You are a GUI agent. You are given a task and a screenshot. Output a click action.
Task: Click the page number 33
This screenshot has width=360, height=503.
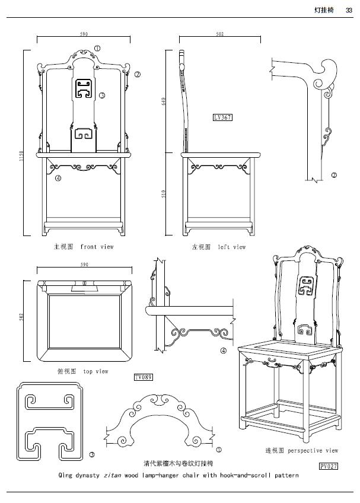(349, 9)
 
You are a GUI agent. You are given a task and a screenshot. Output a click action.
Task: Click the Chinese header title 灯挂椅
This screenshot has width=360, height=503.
(324, 9)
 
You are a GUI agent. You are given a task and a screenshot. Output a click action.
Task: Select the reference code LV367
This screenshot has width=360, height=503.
(222, 117)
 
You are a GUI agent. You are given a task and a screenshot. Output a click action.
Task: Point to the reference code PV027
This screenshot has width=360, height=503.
(328, 466)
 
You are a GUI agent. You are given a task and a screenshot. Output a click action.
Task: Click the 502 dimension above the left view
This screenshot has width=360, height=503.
(219, 34)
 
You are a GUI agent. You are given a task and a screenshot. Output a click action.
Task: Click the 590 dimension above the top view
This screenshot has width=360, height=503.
(84, 265)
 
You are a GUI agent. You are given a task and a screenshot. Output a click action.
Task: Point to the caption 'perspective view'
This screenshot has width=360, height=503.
(313, 451)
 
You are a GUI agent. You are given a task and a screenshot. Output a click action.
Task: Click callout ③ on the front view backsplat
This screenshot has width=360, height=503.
(102, 95)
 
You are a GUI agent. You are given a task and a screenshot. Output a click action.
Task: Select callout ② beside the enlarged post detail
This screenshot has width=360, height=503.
(334, 175)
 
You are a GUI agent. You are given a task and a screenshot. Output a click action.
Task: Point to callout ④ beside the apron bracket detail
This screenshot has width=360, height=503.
(223, 351)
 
